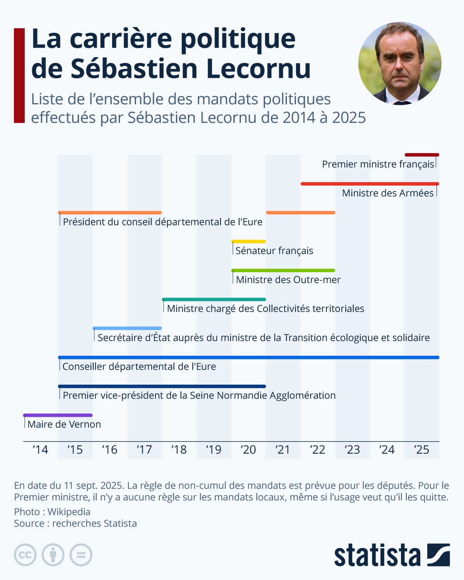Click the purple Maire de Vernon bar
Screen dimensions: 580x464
point(58,415)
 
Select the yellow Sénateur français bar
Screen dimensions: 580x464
point(249,242)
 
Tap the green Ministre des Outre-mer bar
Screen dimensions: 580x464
point(283,270)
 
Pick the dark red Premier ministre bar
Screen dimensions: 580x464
point(422,155)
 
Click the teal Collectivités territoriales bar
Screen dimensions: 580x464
point(214,299)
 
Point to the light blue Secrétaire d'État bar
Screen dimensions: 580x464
point(127,328)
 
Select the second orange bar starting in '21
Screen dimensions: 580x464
point(300,213)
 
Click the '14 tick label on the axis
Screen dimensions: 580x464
point(40,450)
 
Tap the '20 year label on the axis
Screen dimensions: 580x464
point(248,450)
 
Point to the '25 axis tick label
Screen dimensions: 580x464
point(421,450)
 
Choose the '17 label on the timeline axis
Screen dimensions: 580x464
point(144,450)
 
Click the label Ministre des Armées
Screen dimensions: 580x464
point(388,193)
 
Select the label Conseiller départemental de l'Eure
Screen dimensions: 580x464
point(139,367)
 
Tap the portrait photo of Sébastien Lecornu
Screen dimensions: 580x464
point(400,63)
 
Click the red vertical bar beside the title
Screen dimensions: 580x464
point(19,75)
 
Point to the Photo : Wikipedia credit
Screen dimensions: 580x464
point(52,512)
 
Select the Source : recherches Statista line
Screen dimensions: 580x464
point(75,523)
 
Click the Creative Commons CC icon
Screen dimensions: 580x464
point(25,555)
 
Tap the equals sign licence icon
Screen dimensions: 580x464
point(81,555)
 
